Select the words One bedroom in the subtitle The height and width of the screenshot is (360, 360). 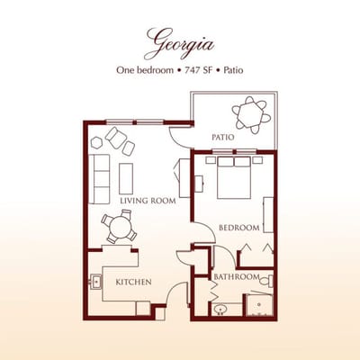point(145,70)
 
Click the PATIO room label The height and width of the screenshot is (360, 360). point(223,138)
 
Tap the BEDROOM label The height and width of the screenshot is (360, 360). point(239,228)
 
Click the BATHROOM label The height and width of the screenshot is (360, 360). point(237,276)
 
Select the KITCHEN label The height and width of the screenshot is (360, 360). point(133,283)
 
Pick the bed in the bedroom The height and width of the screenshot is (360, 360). point(234,176)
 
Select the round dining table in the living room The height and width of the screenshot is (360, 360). point(118,228)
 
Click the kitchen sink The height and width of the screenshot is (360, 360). point(96,283)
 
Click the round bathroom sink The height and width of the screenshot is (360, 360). point(222,310)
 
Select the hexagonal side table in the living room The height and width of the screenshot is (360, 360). point(96,141)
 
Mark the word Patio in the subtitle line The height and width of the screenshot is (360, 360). point(230,70)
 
